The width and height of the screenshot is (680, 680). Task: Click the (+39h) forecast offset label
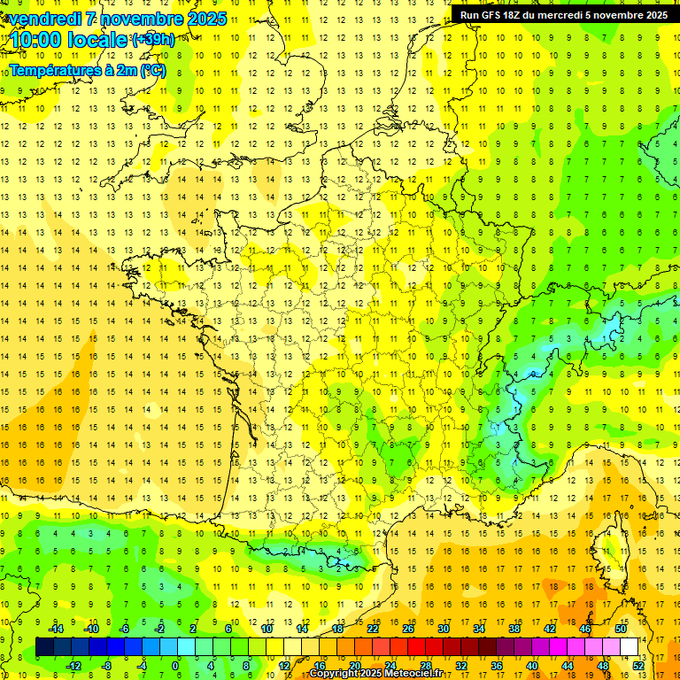pyautogui.click(x=153, y=40)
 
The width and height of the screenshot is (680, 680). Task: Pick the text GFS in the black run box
pyautogui.click(x=494, y=15)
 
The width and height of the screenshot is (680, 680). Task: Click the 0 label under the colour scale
pyautogui.click(x=175, y=666)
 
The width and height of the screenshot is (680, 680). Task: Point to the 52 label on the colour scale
pyautogui.click(x=637, y=666)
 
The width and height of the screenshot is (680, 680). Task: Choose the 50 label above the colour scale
pyautogui.click(x=620, y=629)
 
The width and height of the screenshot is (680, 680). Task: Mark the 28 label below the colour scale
pyautogui.click(x=425, y=666)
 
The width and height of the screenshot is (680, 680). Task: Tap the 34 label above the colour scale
pyautogui.click(x=478, y=629)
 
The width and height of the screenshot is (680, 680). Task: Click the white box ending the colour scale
pyautogui.click(x=629, y=647)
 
